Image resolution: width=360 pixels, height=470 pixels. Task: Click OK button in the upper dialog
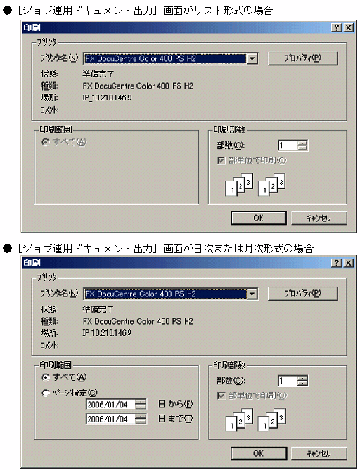click(258, 218)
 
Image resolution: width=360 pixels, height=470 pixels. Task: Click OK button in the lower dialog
click(258, 453)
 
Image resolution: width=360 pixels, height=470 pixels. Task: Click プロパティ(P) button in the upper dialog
click(303, 58)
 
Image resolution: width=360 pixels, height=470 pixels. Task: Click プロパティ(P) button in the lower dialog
click(303, 293)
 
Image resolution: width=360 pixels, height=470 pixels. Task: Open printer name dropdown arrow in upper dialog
click(252, 58)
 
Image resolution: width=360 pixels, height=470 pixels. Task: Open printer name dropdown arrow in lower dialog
click(252, 293)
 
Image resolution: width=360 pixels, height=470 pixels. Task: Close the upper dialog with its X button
click(348, 27)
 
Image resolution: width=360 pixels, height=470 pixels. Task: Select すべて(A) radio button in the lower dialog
click(46, 377)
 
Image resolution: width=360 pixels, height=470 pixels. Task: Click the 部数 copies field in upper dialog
click(288, 146)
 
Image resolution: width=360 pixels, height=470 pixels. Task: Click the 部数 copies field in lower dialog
click(288, 381)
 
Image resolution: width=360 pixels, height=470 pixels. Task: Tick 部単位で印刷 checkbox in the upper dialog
click(221, 160)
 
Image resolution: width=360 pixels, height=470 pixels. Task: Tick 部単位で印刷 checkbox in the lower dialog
click(221, 395)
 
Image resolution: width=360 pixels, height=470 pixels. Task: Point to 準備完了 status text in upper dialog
click(98, 73)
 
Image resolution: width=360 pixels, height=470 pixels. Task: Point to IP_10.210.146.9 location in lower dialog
click(107, 332)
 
